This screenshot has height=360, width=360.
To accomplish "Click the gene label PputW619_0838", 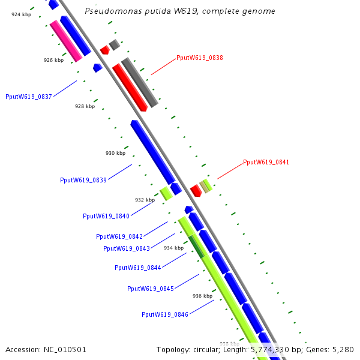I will point(200,58).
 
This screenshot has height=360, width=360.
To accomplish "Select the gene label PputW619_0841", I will point(266,162).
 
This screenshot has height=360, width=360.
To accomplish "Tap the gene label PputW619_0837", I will point(29,96).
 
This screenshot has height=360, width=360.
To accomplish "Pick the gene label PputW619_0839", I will point(83,180).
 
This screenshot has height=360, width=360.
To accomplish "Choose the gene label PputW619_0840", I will point(106,216).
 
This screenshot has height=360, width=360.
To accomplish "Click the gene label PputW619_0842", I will point(119,236).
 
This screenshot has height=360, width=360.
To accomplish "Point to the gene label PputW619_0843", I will point(126,248).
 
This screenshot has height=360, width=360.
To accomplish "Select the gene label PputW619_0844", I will point(137,268).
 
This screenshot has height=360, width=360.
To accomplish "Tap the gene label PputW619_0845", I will point(151,289).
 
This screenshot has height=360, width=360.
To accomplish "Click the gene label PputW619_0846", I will point(165,314).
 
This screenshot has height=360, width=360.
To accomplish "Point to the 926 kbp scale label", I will point(53,60).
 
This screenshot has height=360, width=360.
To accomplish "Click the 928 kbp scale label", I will point(85,106).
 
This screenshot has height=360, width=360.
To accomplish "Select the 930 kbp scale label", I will point(115,153).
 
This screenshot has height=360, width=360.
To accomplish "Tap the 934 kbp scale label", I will point(173,248).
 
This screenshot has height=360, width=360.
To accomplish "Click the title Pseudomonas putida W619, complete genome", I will point(180,11).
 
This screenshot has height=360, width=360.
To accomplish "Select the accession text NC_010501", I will point(65,349).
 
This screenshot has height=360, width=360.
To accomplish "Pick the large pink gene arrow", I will point(66,41).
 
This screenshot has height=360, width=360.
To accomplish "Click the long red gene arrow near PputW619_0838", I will point(130,88).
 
